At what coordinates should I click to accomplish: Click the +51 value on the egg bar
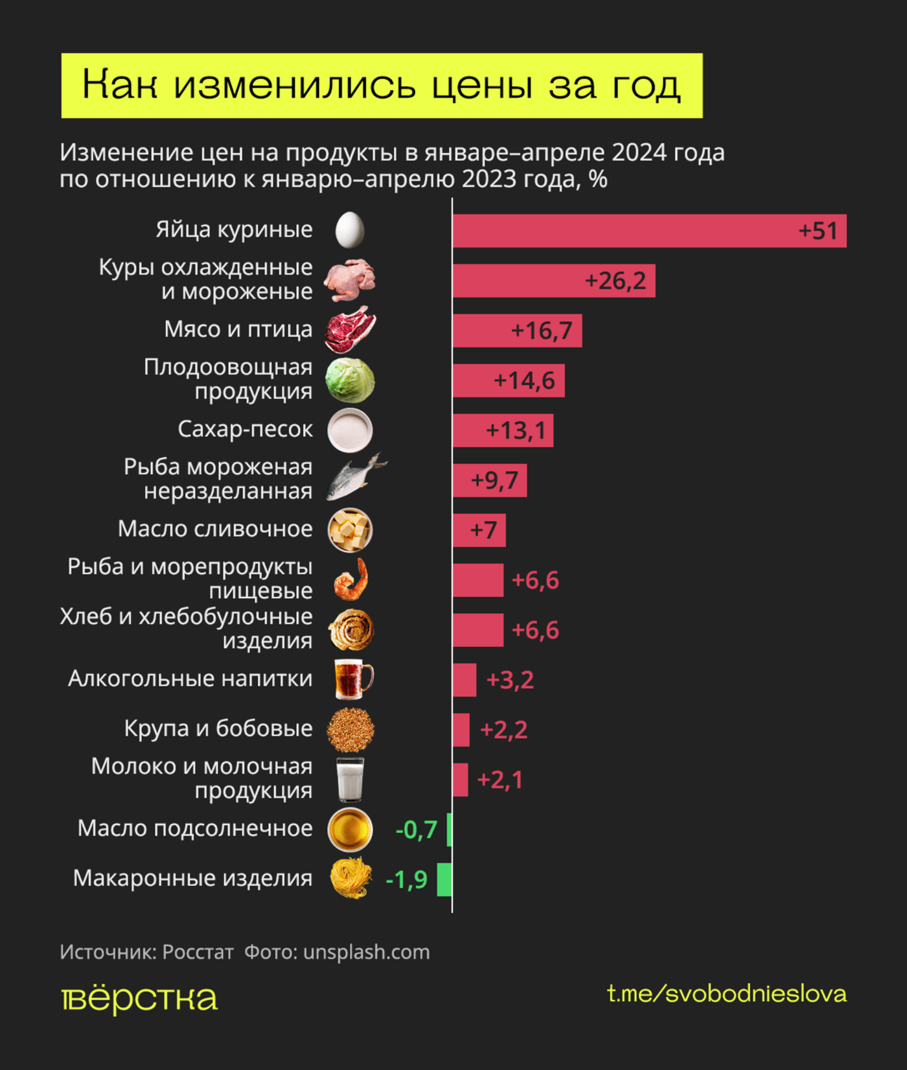pos(818,231)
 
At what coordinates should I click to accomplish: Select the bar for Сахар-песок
pos(503,430)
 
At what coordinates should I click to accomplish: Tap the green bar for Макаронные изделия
pos(444,879)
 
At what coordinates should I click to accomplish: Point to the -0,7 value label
pos(416,830)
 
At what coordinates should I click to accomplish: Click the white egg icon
pos(350,230)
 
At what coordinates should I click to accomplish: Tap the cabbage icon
pos(350,380)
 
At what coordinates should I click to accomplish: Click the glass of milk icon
pos(350,780)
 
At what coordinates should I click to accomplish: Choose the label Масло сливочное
pos(215,529)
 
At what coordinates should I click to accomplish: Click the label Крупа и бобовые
pos(218,728)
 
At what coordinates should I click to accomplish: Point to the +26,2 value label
pos(615,281)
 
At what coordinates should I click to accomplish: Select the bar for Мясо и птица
pos(517,331)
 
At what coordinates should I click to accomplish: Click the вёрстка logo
pos(139,999)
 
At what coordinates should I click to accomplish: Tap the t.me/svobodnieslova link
pos(726,994)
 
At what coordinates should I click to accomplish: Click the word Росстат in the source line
pos(198,952)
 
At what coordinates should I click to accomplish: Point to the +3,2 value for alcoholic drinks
pos(510,680)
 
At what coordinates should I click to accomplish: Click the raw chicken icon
pos(350,280)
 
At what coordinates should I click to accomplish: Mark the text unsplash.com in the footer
pos(366,952)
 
